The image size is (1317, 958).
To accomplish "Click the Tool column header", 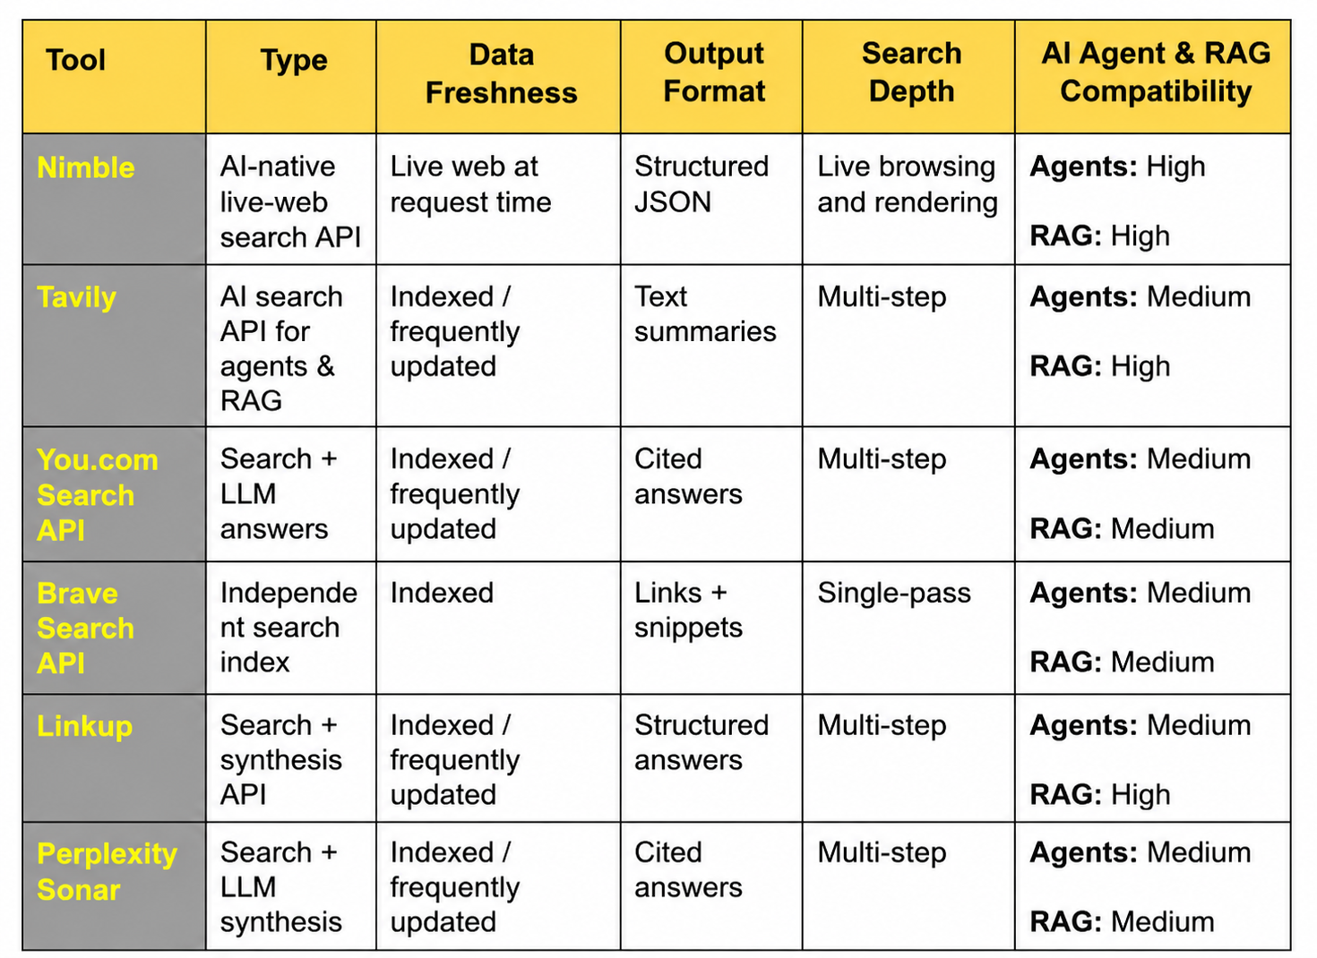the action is click(76, 60).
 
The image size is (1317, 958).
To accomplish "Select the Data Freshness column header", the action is click(502, 73).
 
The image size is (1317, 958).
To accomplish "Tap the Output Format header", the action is click(714, 73).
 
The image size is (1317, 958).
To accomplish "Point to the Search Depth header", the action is click(911, 73).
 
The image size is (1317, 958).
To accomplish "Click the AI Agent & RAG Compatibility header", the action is click(1156, 73).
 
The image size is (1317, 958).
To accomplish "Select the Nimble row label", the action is click(86, 167).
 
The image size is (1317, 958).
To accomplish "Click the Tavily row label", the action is click(76, 297).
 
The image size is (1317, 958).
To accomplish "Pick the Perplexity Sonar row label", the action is click(107, 871).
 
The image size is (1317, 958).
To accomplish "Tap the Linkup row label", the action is click(84, 726).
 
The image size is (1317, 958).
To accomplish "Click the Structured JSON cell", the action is click(702, 184).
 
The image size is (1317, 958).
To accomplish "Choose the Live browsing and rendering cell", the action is click(908, 184).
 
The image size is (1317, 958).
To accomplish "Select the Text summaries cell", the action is click(705, 314).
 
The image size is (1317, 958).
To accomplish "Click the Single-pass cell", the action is click(894, 593).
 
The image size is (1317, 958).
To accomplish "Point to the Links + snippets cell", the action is click(688, 610).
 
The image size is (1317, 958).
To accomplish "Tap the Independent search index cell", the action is click(288, 627).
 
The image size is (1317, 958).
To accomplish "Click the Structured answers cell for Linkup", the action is click(702, 742).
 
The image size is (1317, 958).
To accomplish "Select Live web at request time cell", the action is click(471, 184).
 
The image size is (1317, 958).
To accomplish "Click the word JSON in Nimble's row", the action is click(673, 202).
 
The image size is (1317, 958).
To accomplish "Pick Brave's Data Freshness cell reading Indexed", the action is click(442, 593).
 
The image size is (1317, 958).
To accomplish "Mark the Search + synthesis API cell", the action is click(281, 759).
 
